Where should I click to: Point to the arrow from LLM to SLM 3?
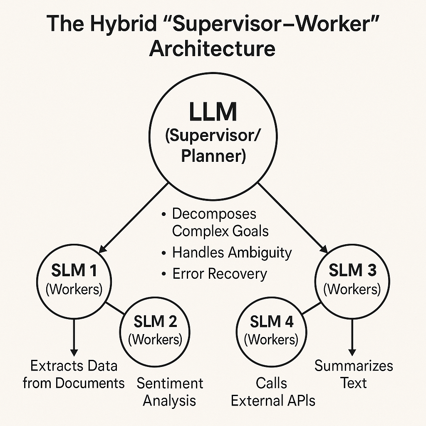(291, 216)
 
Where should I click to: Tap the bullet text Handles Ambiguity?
(232, 253)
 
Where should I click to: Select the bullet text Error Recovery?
(219, 274)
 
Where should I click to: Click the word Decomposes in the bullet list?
(214, 214)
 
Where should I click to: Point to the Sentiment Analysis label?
(170, 391)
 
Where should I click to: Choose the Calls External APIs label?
(273, 391)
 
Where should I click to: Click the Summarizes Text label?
(354, 374)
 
